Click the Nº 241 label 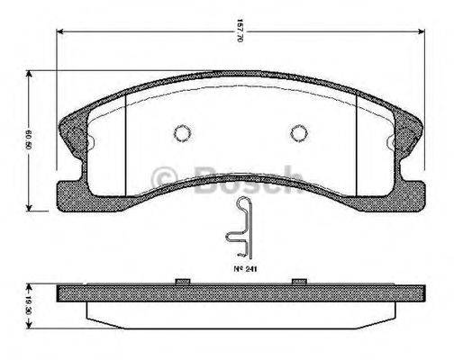[238, 268]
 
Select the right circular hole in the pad [299, 132]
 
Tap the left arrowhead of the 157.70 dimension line [60, 34]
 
